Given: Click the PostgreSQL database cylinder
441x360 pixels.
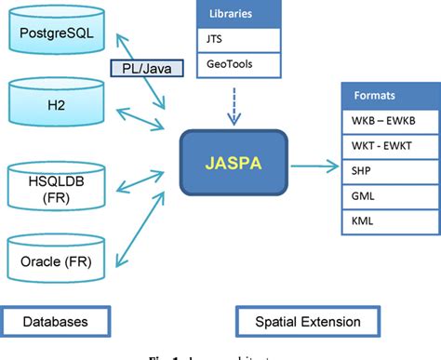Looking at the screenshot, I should coord(54,35).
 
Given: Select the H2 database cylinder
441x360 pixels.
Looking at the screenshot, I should coord(54,100).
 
